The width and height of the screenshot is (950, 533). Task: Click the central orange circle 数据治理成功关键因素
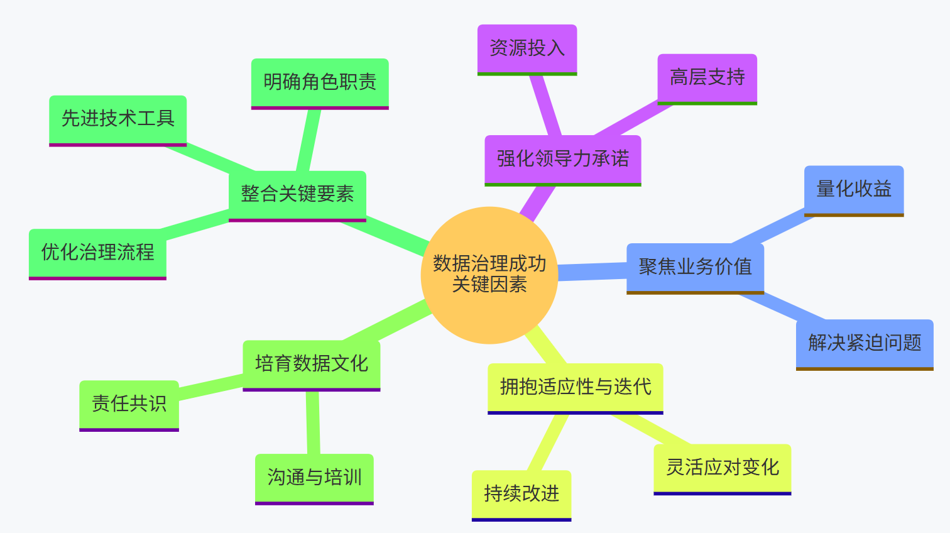pos(489,275)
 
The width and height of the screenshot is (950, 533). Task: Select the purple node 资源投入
pos(527,48)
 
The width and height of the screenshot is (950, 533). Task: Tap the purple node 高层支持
pos(707,78)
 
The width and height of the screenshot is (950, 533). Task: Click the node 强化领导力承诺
pos(562,159)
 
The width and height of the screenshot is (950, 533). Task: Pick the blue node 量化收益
pos(853,189)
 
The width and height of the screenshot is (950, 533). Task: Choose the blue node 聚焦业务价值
pos(695,267)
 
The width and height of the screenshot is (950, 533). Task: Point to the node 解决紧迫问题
pos(864,343)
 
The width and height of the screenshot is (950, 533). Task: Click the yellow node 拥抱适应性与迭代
pos(575,387)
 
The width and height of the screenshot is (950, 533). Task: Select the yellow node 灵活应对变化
pos(722,468)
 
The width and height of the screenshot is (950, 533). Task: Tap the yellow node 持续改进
pos(521,494)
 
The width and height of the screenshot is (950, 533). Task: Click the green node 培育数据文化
pos(311,364)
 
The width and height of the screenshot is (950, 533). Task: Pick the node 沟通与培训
pos(314,478)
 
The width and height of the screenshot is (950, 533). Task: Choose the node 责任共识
pos(129,404)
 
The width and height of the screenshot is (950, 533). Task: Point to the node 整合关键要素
pos(297,194)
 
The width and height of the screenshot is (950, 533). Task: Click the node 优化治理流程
pos(97,253)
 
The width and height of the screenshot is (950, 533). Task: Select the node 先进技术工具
pos(117,119)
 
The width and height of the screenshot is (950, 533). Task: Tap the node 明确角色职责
pos(320,82)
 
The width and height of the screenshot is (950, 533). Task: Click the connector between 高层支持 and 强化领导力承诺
pos(631,119)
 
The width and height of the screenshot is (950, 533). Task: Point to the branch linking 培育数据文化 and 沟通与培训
pos(313,422)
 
